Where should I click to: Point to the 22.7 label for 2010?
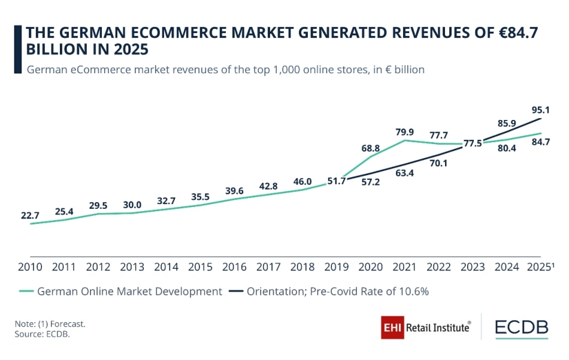pyautogui.click(x=31, y=215)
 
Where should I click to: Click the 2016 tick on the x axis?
pyautogui.click(x=234, y=267)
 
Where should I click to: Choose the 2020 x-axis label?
pyautogui.click(x=371, y=267)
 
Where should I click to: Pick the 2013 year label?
pyautogui.click(x=132, y=267)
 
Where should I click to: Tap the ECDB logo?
pyautogui.click(x=521, y=328)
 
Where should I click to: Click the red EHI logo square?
pyautogui.click(x=392, y=328)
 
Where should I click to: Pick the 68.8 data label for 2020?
pyautogui.click(x=371, y=148)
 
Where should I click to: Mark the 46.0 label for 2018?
pyautogui.click(x=302, y=182)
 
